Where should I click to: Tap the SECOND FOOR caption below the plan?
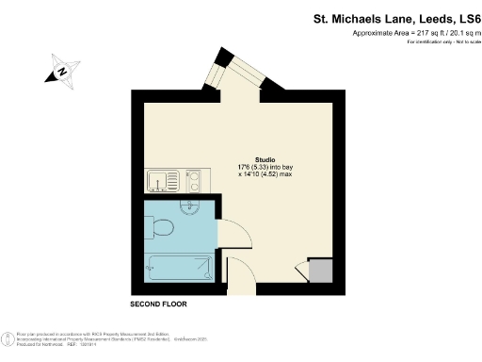tap(158, 305)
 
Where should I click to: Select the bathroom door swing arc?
tap(230, 234)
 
